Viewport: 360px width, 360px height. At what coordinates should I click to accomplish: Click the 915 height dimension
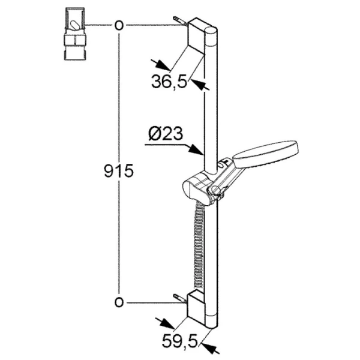click(119, 171)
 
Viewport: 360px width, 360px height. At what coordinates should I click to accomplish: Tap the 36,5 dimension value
click(169, 81)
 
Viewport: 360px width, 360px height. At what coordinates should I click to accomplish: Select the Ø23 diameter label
click(166, 134)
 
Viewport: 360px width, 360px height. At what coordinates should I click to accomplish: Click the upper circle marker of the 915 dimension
click(119, 25)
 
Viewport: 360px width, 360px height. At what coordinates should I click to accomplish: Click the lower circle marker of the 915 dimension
click(119, 302)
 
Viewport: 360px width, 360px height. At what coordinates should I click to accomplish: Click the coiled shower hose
click(199, 245)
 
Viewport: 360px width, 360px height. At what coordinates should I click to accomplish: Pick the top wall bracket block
click(196, 35)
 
